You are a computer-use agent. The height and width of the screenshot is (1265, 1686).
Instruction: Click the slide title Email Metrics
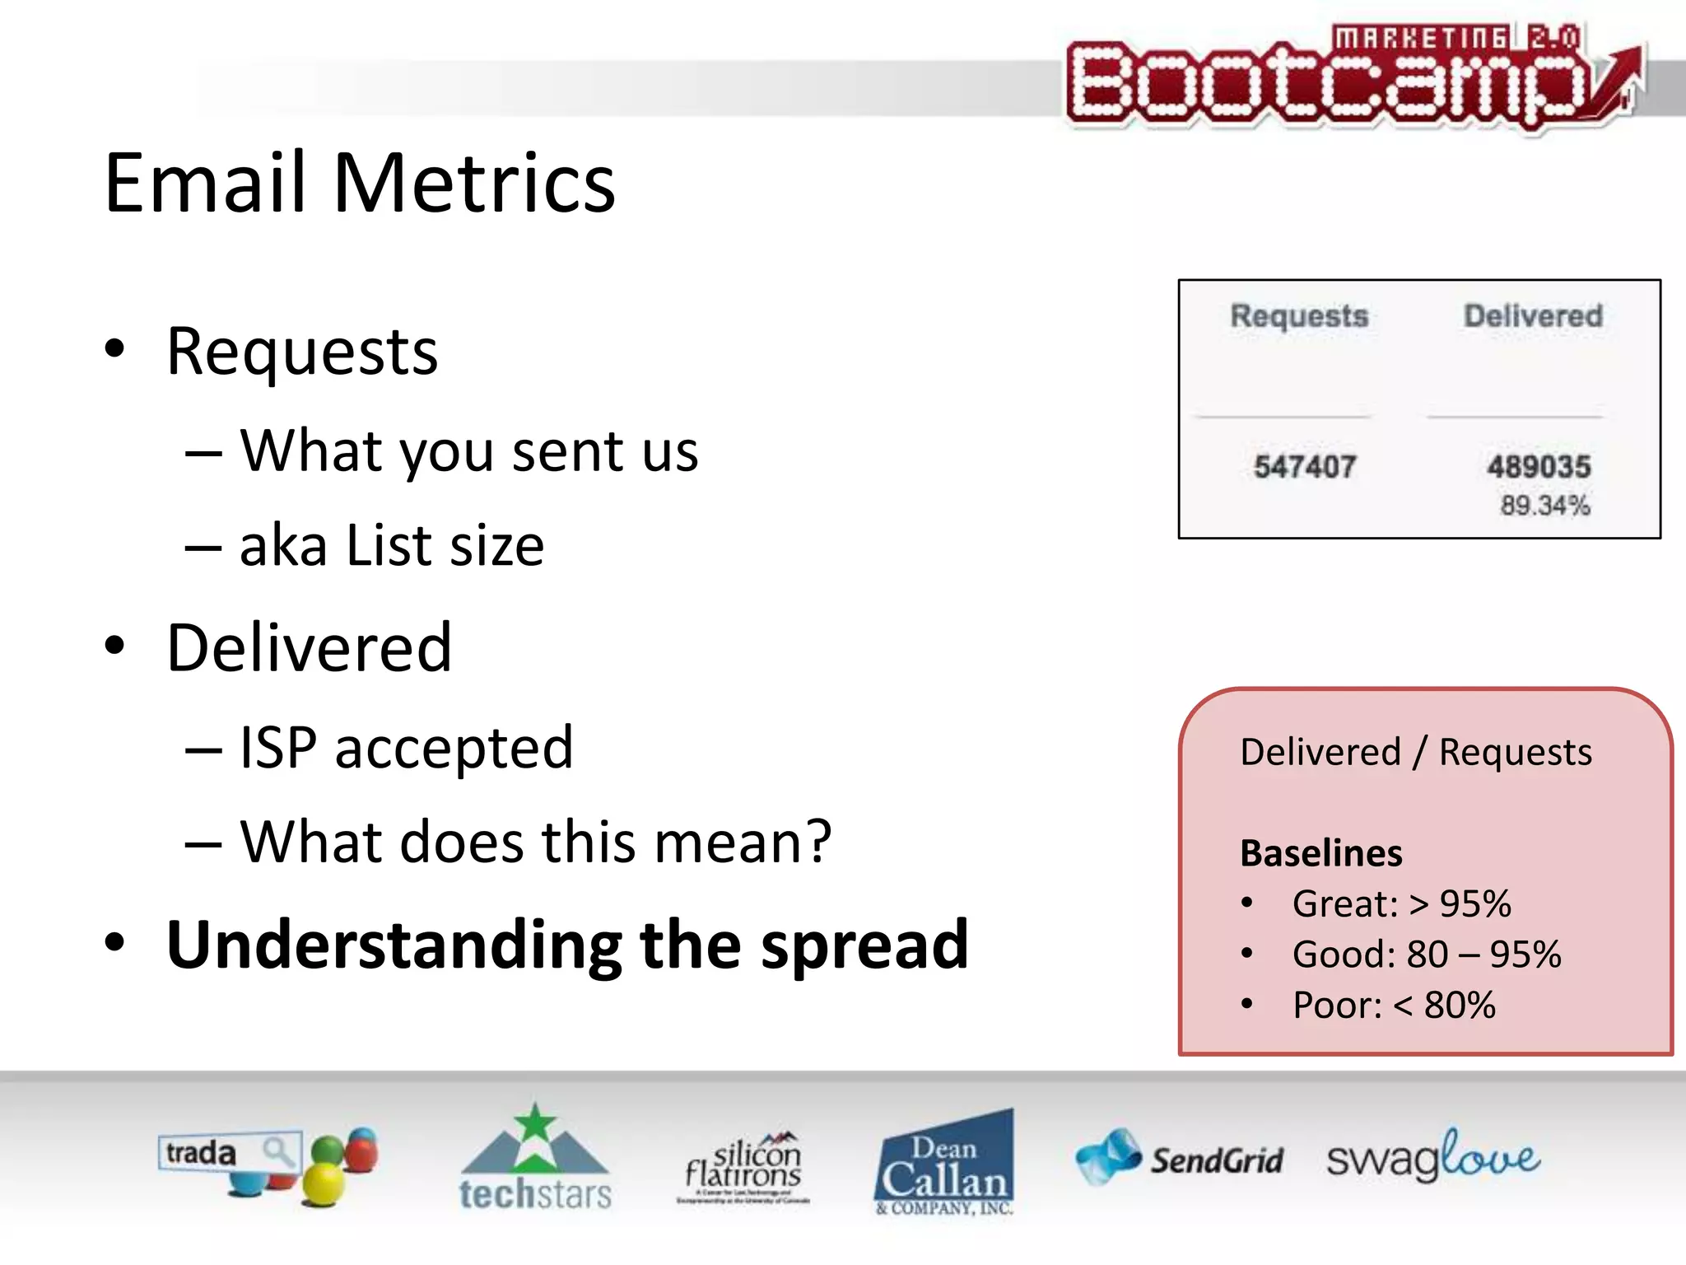point(360,183)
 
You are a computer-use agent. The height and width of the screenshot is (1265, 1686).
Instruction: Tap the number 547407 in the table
point(1304,467)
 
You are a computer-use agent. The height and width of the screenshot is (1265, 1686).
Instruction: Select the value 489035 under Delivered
point(1538,467)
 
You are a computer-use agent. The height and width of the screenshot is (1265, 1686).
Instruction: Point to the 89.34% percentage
point(1544,505)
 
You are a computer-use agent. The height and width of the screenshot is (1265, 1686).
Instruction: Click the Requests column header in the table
point(1299,316)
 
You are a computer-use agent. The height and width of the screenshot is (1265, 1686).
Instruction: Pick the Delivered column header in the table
point(1533,316)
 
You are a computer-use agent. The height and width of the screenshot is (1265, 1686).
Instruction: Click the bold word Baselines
point(1320,853)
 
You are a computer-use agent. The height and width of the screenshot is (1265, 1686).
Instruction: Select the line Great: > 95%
point(1401,904)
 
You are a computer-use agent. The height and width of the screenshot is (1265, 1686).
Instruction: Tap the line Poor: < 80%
point(1393,1006)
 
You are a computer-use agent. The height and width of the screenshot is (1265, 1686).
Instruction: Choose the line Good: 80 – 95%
point(1426,955)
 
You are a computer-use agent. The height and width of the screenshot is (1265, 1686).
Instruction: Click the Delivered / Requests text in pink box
point(1416,752)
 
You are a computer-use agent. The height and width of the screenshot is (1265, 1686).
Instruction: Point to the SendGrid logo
point(1179,1158)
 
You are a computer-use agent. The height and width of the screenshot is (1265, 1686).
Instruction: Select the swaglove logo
point(1432,1156)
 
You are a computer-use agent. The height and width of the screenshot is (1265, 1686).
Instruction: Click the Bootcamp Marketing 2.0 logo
point(1350,79)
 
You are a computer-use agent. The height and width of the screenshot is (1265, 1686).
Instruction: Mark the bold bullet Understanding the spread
point(566,945)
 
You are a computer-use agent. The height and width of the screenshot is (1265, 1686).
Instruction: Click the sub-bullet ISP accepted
point(405,748)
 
